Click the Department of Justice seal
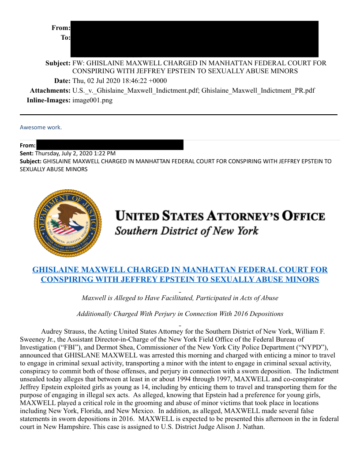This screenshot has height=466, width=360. point(67,223)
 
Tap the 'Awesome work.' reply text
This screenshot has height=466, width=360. point(41,128)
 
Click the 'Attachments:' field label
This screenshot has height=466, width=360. point(50,90)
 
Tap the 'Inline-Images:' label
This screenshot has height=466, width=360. point(49,100)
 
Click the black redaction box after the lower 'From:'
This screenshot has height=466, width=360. point(110,145)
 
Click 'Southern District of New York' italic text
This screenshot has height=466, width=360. point(187,231)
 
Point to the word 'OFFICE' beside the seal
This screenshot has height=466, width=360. point(304,217)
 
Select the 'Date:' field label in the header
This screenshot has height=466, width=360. point(62,81)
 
